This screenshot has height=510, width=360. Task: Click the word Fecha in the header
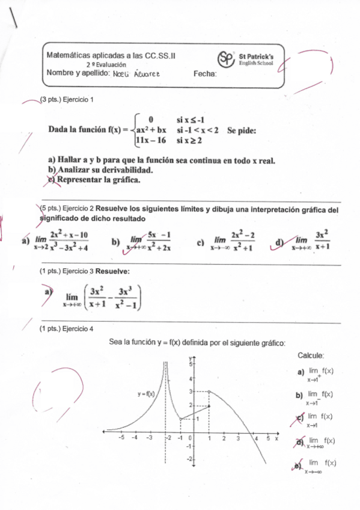[205, 74]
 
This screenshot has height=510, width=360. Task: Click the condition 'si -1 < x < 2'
[197, 130]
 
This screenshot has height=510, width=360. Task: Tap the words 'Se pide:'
[242, 130]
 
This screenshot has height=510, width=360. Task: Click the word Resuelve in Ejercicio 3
[113, 271]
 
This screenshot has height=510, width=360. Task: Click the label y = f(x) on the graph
[146, 394]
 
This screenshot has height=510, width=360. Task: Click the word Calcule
[311, 356]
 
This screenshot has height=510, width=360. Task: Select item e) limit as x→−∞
[321, 465]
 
